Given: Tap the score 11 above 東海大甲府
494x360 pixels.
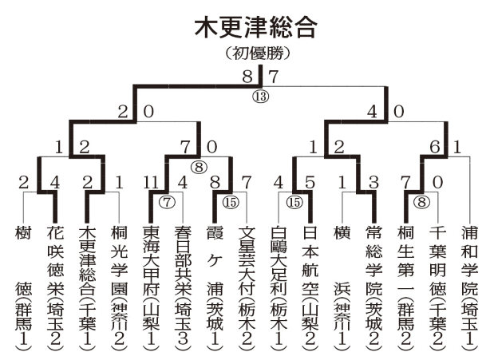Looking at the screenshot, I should click(x=150, y=181).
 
